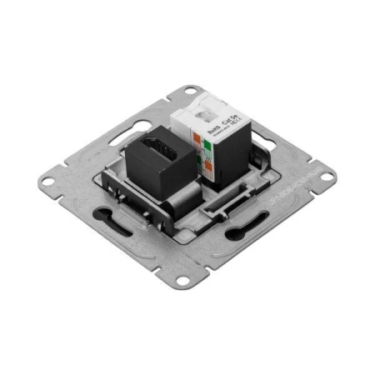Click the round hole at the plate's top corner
point(192,87)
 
